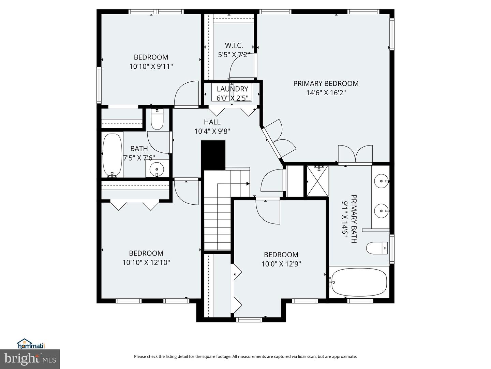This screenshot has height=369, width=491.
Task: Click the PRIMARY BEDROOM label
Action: click(x=326, y=83)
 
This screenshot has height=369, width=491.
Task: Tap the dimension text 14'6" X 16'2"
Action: click(x=326, y=93)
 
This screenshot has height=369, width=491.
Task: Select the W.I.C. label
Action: click(x=234, y=45)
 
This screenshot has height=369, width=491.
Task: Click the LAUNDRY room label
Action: click(x=232, y=89)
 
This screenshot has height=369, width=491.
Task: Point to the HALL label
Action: click(x=212, y=122)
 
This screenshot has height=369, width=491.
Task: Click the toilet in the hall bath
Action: click(x=157, y=120)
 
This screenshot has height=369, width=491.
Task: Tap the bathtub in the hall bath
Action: click(x=112, y=155)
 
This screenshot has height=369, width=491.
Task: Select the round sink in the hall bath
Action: click(x=157, y=168)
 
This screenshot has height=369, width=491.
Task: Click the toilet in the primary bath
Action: click(x=377, y=248)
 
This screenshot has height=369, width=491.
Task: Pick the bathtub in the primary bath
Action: click(x=359, y=282)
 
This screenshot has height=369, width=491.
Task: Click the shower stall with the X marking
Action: click(x=317, y=181)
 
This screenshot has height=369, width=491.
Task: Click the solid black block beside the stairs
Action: click(x=213, y=155)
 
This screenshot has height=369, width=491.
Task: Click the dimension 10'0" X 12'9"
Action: click(x=281, y=264)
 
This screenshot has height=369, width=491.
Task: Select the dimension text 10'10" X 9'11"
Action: click(x=151, y=66)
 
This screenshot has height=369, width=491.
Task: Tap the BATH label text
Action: click(x=139, y=149)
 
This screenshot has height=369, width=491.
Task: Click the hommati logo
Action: click(x=31, y=343)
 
